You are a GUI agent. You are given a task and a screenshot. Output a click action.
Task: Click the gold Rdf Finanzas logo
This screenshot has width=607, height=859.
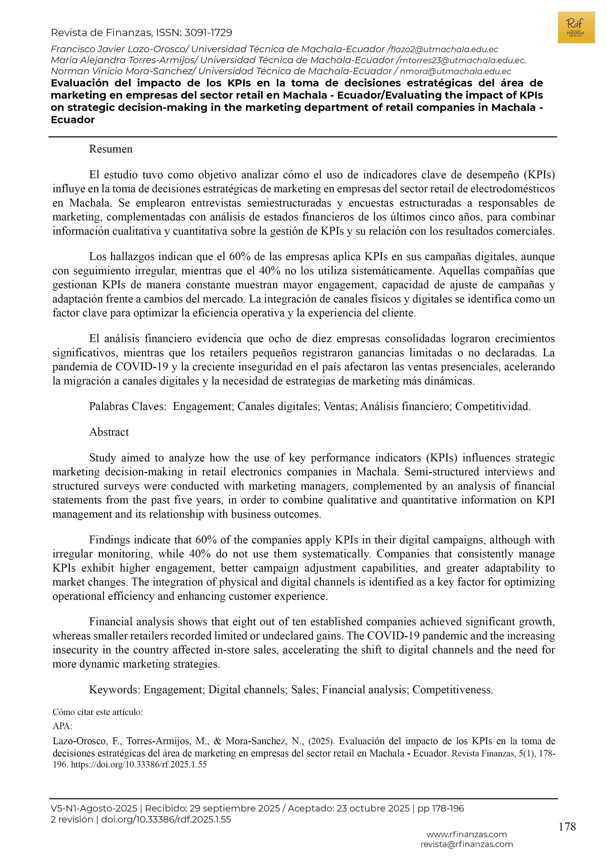point(576,27)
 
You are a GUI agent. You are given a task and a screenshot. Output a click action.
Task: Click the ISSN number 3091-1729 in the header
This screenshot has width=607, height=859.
point(208,33)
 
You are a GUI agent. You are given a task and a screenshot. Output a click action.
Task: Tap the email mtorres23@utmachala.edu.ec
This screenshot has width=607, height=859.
point(462,60)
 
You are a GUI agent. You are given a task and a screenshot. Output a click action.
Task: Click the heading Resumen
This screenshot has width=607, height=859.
point(111,149)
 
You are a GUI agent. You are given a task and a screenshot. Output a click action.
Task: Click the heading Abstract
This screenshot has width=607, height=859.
point(109,432)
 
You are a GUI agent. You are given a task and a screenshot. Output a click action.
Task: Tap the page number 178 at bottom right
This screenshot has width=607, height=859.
point(567,826)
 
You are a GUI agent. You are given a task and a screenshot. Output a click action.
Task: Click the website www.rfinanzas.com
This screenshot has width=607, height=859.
point(466,834)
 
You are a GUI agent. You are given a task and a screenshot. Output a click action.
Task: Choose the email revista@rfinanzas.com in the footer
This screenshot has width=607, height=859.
point(466,844)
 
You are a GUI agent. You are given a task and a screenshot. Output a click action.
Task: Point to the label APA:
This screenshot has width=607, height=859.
point(62,726)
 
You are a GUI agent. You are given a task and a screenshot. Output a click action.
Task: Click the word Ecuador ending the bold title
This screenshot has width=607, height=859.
point(73,120)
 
